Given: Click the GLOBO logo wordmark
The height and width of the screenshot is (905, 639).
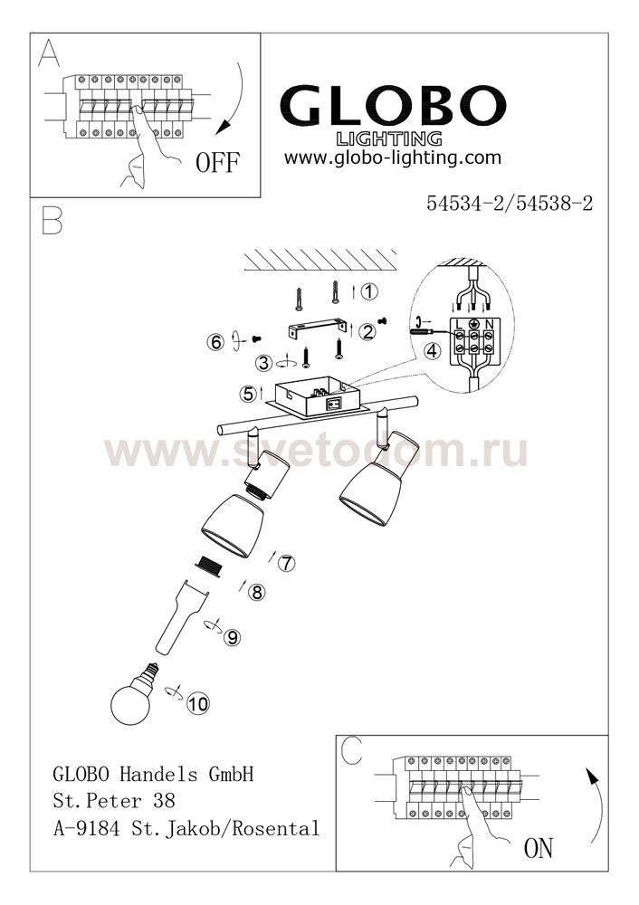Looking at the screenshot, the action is (x=393, y=106).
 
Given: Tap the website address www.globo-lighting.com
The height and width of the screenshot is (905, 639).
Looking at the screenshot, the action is (x=393, y=157).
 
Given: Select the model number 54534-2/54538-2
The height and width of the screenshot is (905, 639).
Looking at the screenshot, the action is (x=510, y=203).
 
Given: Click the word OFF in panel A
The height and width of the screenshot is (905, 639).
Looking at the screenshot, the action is (x=217, y=162).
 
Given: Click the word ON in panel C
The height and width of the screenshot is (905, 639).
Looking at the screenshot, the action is (x=538, y=848).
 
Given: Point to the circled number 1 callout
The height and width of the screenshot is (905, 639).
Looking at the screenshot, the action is (x=369, y=291).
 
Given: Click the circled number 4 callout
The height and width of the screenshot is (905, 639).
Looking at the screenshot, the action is (x=433, y=350).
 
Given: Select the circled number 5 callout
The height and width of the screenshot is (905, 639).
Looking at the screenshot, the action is (x=249, y=395).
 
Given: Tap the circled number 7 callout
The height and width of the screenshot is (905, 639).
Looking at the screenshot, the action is (x=286, y=563).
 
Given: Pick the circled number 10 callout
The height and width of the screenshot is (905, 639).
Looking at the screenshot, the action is (x=197, y=703).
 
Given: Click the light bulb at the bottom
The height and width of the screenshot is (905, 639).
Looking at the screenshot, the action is (x=134, y=694).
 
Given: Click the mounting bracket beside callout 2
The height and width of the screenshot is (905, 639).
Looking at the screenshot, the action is (x=316, y=329).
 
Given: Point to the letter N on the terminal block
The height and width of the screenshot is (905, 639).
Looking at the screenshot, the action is (x=489, y=324).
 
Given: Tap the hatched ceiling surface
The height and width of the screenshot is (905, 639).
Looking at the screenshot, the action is (x=320, y=260).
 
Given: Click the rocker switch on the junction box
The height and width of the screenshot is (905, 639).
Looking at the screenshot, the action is (x=334, y=404).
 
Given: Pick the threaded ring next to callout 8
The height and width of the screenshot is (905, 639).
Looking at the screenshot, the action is (x=208, y=565).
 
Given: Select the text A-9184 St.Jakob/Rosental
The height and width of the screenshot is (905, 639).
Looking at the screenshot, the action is (x=186, y=829).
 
